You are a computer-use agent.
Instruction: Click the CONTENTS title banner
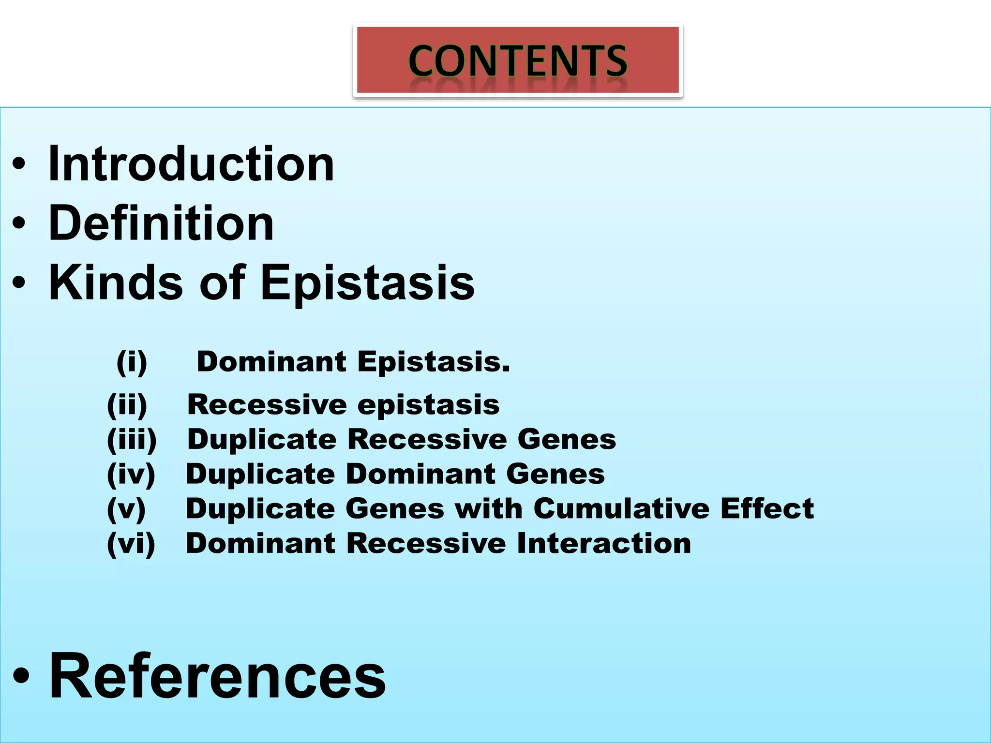[517, 60]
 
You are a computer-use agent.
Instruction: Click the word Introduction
[191, 164]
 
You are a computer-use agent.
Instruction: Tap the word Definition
[161, 223]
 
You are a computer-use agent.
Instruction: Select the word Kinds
[116, 282]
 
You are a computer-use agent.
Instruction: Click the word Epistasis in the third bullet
[368, 283]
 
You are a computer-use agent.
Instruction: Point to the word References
[217, 676]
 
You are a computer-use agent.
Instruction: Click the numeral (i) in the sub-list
[132, 362]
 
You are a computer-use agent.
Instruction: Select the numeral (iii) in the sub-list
[132, 439]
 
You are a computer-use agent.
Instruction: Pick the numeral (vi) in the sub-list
[131, 543]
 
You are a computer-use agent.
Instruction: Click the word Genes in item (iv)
[556, 474]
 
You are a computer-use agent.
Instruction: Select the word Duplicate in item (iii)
[262, 439]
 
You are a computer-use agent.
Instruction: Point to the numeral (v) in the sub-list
[126, 508]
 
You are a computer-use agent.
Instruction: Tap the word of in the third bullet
[222, 282]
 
